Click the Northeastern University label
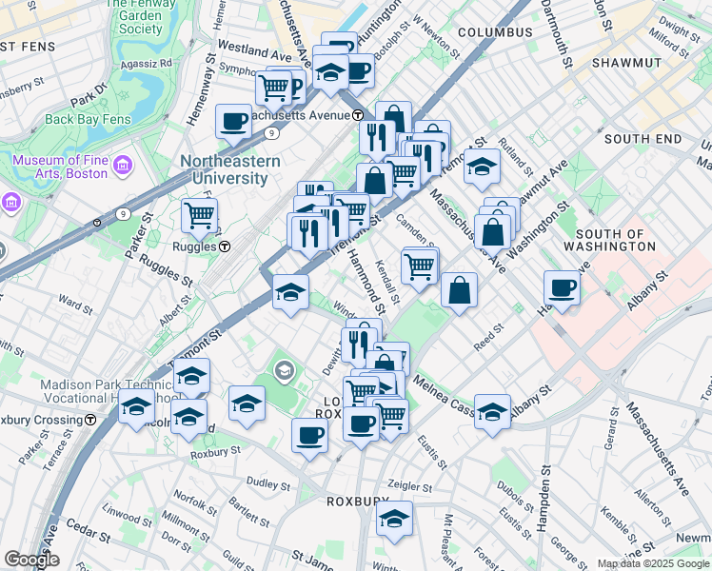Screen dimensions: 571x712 click(230, 169)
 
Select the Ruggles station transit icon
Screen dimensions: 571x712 click(225, 246)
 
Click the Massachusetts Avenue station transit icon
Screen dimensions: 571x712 click(358, 115)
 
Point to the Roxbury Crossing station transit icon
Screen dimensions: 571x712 click(90, 419)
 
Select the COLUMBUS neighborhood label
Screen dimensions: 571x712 click(495, 32)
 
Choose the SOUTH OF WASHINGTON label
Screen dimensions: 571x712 click(616, 240)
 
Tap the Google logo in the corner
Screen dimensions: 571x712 click(31, 560)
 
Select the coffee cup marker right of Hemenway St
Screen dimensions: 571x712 click(233, 121)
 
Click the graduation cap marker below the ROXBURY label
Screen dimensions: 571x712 click(394, 519)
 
